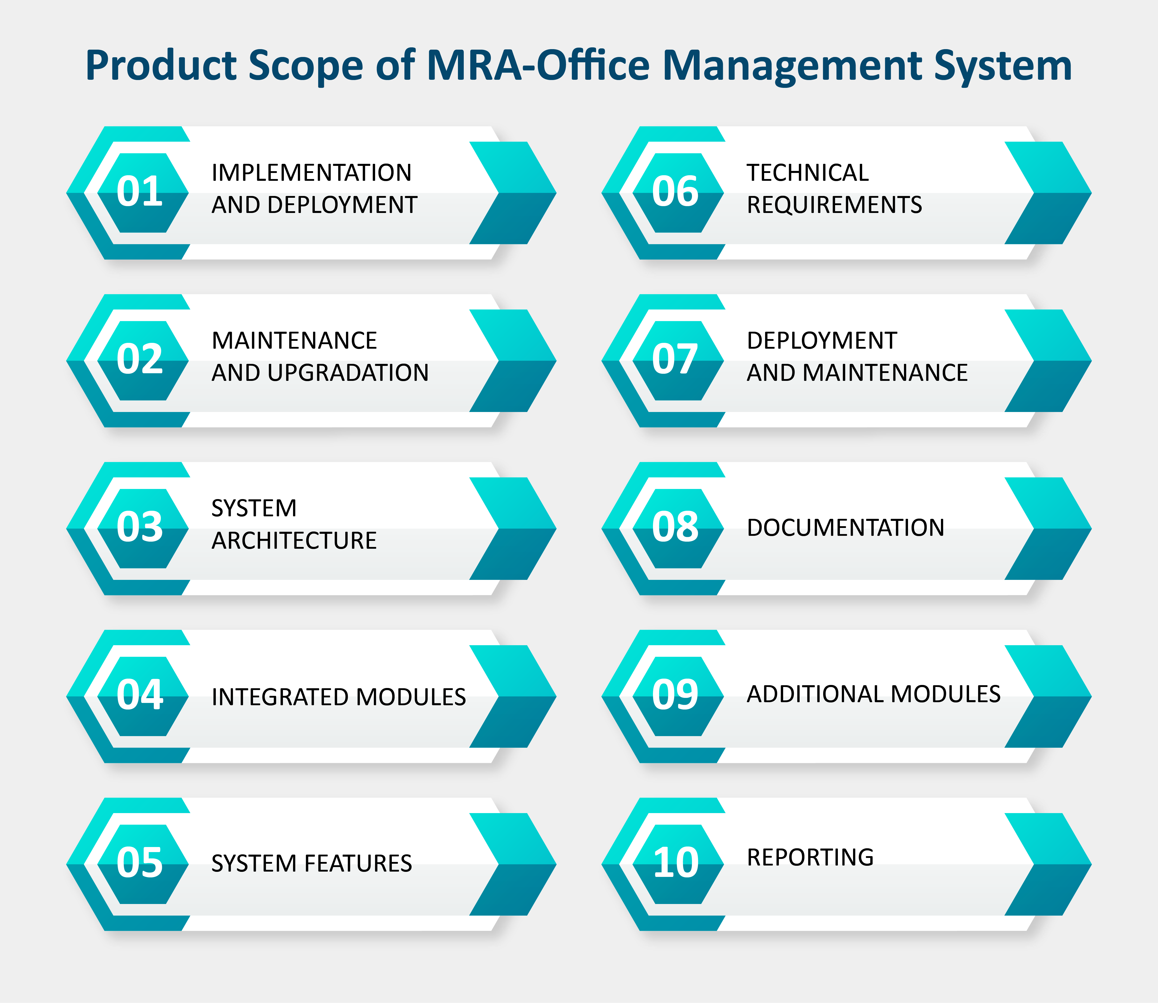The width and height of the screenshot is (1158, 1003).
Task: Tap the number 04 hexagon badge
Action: tap(143, 696)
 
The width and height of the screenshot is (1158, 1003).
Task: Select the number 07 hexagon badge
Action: tap(678, 360)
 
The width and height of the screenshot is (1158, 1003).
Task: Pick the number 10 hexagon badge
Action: tap(678, 864)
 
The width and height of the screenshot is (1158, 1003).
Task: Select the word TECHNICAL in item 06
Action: tap(808, 172)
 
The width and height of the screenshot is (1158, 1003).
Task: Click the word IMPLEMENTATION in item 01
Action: tap(312, 172)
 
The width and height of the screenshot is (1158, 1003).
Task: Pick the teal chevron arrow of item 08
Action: tap(1048, 528)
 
